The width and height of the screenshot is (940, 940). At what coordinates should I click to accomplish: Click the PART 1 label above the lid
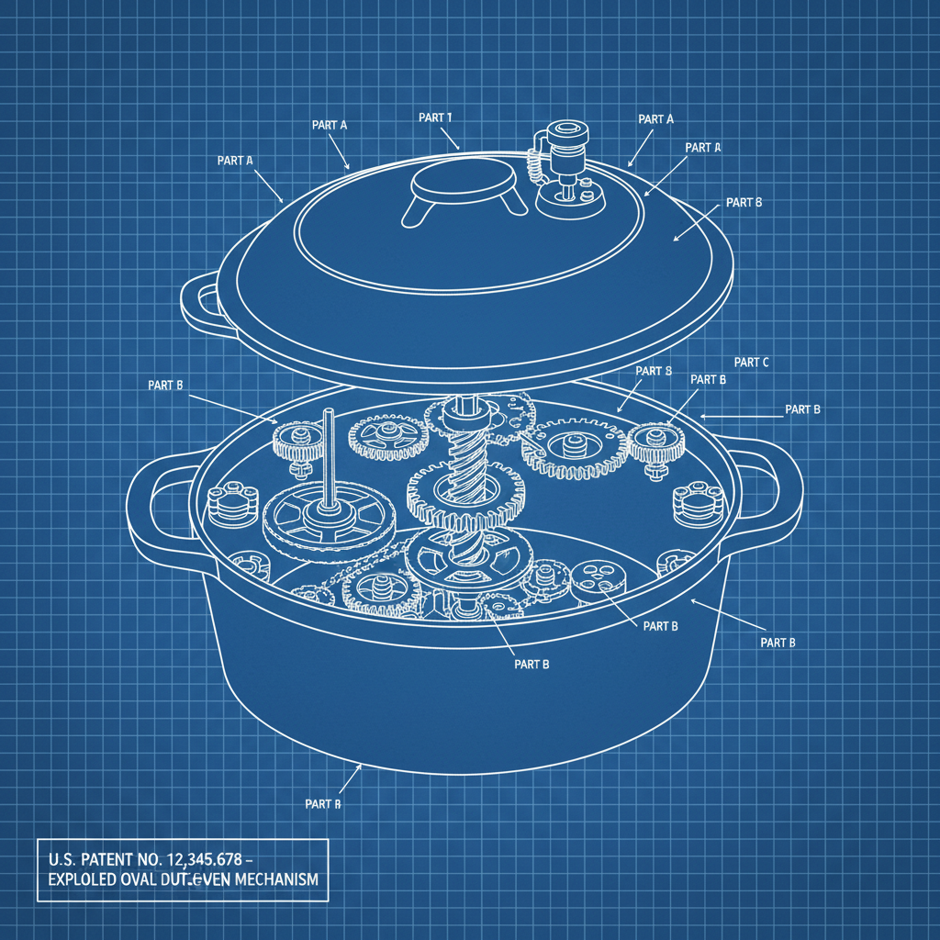tap(435, 117)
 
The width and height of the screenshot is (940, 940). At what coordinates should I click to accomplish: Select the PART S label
tap(655, 371)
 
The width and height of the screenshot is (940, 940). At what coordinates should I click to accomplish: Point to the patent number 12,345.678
tap(201, 860)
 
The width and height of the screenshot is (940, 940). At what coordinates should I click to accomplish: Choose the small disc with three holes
tap(597, 577)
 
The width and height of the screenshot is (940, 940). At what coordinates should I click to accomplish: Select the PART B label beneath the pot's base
tap(323, 803)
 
